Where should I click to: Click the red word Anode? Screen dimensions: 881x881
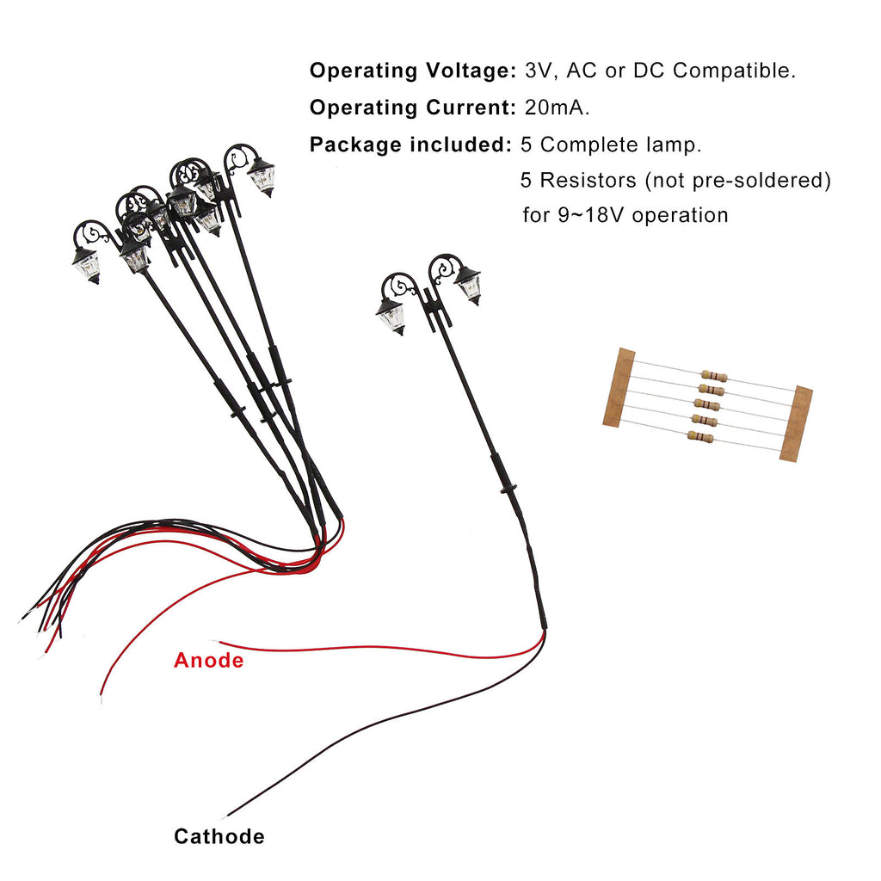point(208,660)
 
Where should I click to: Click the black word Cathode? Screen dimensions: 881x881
point(219,836)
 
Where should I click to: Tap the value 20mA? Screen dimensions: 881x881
point(557,108)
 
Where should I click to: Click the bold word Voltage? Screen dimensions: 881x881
point(471,71)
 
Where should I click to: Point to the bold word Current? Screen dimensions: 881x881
point(471,108)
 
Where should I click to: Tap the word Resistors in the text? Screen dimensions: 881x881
point(588,181)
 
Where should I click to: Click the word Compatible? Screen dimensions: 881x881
point(734,71)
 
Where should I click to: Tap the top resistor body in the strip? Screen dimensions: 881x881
point(713,376)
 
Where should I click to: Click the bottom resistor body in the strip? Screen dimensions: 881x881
point(700,436)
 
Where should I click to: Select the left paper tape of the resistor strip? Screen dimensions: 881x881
point(619,388)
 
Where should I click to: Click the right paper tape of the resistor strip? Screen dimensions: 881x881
point(796,424)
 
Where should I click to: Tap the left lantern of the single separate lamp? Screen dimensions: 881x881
point(391,317)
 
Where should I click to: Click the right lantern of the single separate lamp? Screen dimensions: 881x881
point(469,286)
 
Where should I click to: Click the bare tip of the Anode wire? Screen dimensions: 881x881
point(213,640)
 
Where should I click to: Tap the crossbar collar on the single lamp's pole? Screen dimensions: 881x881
point(508,489)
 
